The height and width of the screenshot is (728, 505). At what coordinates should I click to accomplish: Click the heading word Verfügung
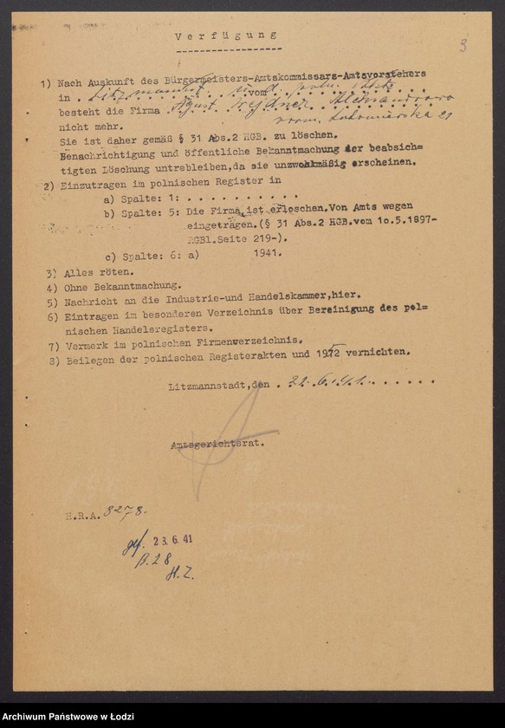(225, 36)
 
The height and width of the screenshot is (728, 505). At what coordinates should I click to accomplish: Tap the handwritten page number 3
(463, 46)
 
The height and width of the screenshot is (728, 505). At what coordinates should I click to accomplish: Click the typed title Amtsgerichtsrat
(217, 443)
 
